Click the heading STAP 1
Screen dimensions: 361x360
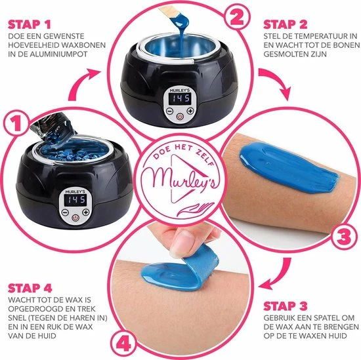pos(30,25)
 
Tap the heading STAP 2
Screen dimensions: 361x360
pos(286,25)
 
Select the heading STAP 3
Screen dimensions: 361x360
pos(286,306)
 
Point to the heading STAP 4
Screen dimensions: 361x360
pos(30,289)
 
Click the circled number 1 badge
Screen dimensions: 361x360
pos(16,125)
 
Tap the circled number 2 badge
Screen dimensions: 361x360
pos(237,18)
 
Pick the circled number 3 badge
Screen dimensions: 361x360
pos(344,237)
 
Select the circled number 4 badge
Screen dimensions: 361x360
pos(123,344)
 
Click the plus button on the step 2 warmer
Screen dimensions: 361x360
pos(190,111)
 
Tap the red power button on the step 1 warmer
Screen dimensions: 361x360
pos(75,218)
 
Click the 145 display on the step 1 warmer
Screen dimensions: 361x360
pos(75,200)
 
